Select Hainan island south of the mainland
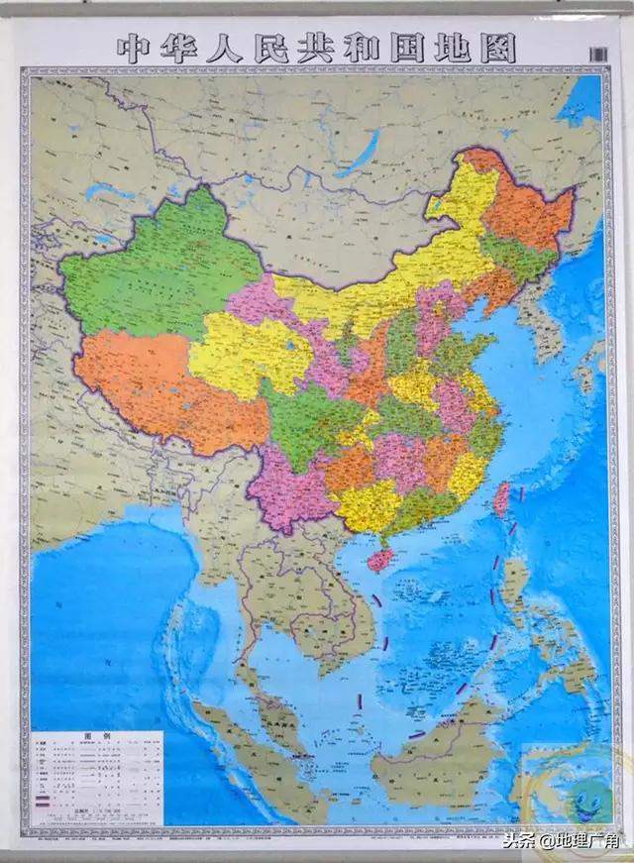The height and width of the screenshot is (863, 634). click(379, 559)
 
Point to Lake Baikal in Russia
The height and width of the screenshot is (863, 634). click(357, 149)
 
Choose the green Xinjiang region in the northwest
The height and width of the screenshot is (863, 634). click(158, 268)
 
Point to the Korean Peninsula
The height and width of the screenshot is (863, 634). click(540, 317)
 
